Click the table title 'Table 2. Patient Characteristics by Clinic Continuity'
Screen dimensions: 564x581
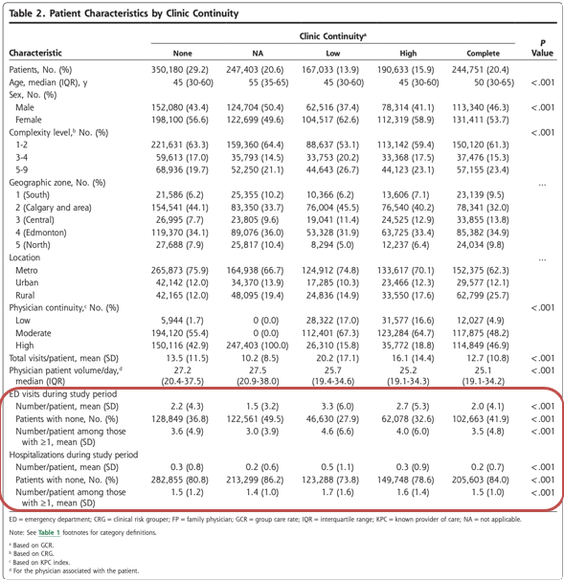pyautogui.click(x=124, y=13)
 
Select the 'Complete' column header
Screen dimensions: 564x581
pyautogui.click(x=483, y=54)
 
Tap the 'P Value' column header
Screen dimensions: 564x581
pyautogui.click(x=542, y=48)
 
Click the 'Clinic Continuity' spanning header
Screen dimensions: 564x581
pyautogui.click(x=333, y=36)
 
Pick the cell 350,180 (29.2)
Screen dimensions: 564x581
pyautogui.click(x=180, y=70)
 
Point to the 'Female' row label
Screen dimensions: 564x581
pyautogui.click(x=29, y=120)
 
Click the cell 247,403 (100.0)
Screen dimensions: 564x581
pyautogui.click(x=258, y=346)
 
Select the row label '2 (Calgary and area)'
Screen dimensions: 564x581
pyautogui.click(x=54, y=208)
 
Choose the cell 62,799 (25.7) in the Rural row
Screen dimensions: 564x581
pyautogui.click(x=481, y=296)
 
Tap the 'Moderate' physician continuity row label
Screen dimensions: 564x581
pyautogui.click(x=34, y=333)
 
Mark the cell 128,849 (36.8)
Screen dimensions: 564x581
pyautogui.click(x=180, y=419)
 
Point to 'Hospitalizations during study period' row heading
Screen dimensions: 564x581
pyautogui.click(x=74, y=455)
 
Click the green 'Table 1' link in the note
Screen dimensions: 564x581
pyautogui.click(x=49, y=532)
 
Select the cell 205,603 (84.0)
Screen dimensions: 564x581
pyautogui.click(x=481, y=480)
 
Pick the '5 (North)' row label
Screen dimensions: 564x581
pyautogui.click(x=33, y=245)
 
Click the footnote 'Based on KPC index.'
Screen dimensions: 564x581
pyautogui.click(x=41, y=562)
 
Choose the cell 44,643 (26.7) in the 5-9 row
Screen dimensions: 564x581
pyautogui.click(x=332, y=169)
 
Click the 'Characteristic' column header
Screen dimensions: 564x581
pyautogui.click(x=35, y=53)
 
